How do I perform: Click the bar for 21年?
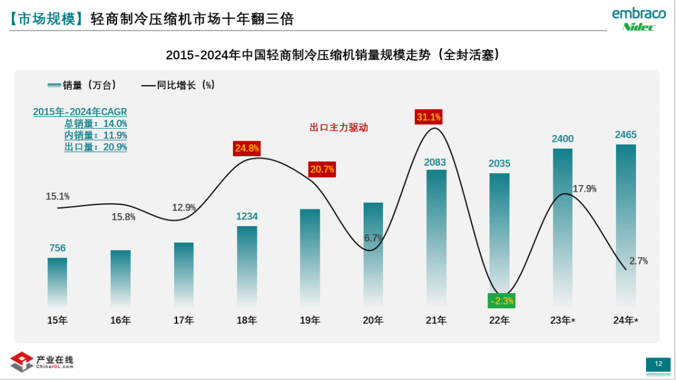pyautogui.click(x=436, y=237)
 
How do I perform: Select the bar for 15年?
pyautogui.click(x=57, y=281)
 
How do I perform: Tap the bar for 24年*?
pyautogui.click(x=626, y=225)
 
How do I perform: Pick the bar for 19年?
pyautogui.click(x=310, y=257)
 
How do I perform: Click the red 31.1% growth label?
pyautogui.click(x=429, y=117)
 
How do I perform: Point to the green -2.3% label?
pyautogui.click(x=501, y=301)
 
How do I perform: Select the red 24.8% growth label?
pyautogui.click(x=247, y=149)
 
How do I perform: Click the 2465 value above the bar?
pyautogui.click(x=626, y=134)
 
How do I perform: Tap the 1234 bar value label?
pyautogui.click(x=247, y=216)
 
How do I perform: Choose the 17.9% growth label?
pyautogui.click(x=585, y=188)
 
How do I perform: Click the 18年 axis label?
pyautogui.click(x=247, y=321)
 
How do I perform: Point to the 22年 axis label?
pyautogui.click(x=499, y=321)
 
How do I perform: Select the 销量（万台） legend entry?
pyautogui.click(x=81, y=85)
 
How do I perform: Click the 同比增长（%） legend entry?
pyautogui.click(x=178, y=85)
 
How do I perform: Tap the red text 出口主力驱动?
pyautogui.click(x=339, y=127)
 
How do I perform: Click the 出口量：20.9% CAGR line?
pyautogui.click(x=96, y=147)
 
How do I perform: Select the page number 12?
pyautogui.click(x=658, y=364)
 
